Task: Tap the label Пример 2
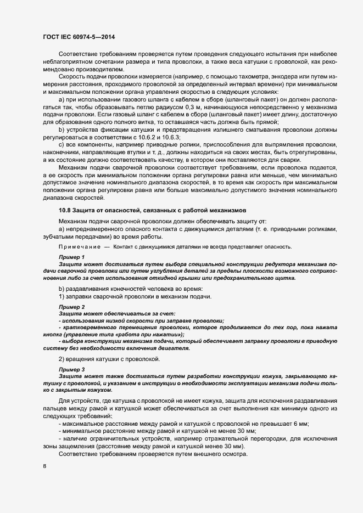[x=71, y=306]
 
